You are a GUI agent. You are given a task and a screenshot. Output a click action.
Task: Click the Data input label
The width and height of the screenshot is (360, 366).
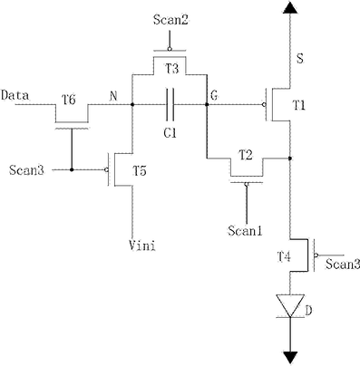(15, 95)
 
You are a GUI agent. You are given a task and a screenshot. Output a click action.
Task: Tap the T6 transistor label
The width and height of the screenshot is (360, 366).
(69, 100)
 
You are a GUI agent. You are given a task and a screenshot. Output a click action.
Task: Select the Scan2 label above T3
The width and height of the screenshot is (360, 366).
(170, 20)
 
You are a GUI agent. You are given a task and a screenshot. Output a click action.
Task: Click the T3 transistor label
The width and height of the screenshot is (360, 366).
(172, 69)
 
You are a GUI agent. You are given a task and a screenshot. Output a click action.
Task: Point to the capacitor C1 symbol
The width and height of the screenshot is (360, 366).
(170, 104)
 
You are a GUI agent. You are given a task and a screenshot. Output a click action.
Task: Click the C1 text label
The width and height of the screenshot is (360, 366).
(170, 132)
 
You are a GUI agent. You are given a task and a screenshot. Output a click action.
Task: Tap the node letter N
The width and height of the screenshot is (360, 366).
(113, 96)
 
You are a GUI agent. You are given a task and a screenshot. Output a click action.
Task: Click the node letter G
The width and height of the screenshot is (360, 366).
(214, 96)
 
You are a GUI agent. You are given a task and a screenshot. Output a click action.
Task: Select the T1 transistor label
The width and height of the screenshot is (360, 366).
(299, 105)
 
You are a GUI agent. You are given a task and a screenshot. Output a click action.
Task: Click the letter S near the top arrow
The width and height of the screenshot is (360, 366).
(300, 58)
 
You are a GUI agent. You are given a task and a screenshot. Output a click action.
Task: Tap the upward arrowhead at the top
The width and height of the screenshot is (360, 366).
(290, 7)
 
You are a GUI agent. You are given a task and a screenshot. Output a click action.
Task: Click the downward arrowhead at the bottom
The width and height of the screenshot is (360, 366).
(290, 358)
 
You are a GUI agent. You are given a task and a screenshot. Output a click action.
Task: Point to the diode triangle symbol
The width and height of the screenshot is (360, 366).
(290, 306)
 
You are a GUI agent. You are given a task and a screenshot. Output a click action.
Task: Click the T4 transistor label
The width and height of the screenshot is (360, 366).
(284, 257)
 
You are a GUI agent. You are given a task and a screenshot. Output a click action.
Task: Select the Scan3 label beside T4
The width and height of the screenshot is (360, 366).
(343, 265)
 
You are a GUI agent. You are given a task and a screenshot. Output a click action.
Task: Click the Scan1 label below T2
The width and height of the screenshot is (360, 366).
(245, 231)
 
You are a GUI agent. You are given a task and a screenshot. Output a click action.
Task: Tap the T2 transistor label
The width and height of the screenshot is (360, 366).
(246, 156)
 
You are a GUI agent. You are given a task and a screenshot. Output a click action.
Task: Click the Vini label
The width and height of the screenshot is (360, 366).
(142, 246)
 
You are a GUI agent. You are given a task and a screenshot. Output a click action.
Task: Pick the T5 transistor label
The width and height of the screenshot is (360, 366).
(140, 171)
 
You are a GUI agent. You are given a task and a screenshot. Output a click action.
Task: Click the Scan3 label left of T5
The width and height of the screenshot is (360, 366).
(26, 170)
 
